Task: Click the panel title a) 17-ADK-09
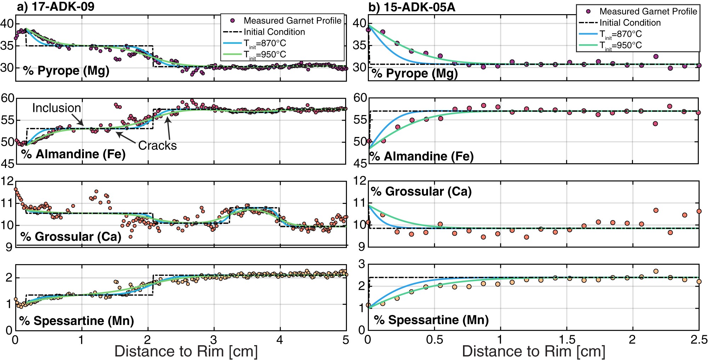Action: (56, 7)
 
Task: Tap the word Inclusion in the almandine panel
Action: (56, 108)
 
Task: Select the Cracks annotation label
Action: (157, 145)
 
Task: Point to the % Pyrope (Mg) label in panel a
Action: (66, 71)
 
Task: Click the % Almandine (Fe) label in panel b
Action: (422, 156)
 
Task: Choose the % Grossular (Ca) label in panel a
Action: (71, 236)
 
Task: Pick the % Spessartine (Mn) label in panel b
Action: (431, 320)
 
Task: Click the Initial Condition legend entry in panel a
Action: (274, 32)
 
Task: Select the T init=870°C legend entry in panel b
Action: (620, 34)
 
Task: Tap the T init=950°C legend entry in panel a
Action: (264, 55)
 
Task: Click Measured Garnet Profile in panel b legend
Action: (648, 11)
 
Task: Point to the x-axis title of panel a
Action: (186, 352)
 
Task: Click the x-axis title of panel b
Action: (533, 352)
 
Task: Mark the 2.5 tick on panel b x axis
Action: (699, 340)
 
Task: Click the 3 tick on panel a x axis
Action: (214, 340)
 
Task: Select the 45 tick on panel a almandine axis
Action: (7, 164)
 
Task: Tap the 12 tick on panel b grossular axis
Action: (360, 181)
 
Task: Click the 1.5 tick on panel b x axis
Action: (567, 340)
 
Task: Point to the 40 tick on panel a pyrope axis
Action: (7, 24)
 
